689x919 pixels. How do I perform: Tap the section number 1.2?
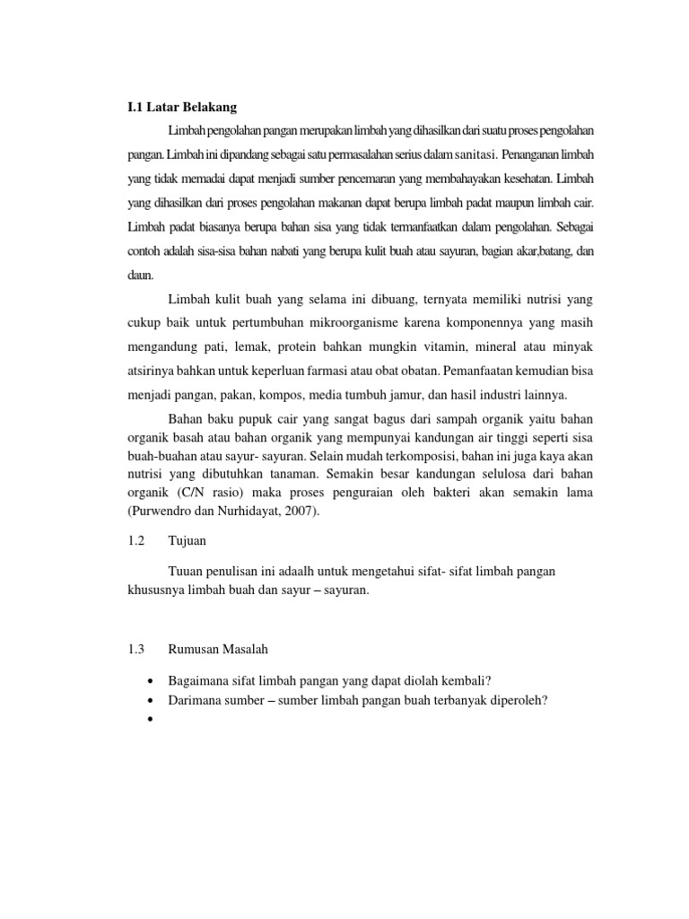tap(136, 542)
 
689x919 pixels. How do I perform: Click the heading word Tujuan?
tap(188, 542)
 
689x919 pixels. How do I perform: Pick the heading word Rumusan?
tap(196, 648)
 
